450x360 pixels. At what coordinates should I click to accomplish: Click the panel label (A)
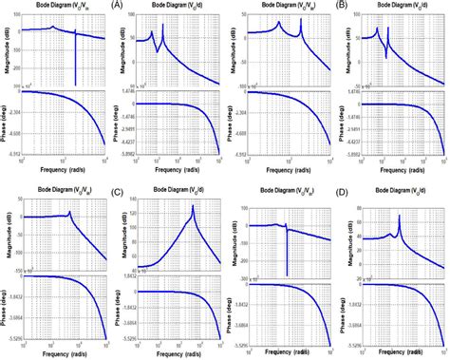116,7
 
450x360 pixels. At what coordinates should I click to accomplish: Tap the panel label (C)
116,192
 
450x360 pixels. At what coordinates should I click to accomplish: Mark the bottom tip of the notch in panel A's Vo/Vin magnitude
75,86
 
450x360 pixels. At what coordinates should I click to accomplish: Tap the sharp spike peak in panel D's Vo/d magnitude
399,217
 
